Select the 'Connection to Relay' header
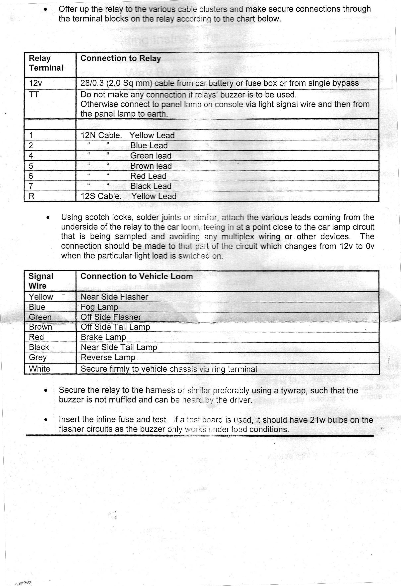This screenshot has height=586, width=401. [x=120, y=58]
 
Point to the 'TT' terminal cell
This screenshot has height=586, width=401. [x=34, y=95]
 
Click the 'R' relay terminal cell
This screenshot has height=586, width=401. [x=32, y=196]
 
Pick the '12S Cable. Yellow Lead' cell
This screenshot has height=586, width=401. [x=128, y=196]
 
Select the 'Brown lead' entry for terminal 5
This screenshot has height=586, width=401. [x=151, y=166]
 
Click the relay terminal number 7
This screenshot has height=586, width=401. [x=31, y=186]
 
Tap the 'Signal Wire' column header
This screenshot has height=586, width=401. [x=41, y=281]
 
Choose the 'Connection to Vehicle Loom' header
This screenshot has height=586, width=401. [x=136, y=276]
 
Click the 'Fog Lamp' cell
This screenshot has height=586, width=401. [x=99, y=307]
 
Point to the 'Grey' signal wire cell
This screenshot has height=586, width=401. [x=38, y=357]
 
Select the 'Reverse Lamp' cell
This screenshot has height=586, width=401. [x=108, y=357]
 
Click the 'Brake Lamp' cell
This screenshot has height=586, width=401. [x=103, y=337]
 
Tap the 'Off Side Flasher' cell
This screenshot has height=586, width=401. [x=111, y=317]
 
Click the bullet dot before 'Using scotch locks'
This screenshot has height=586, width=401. [x=48, y=218]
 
